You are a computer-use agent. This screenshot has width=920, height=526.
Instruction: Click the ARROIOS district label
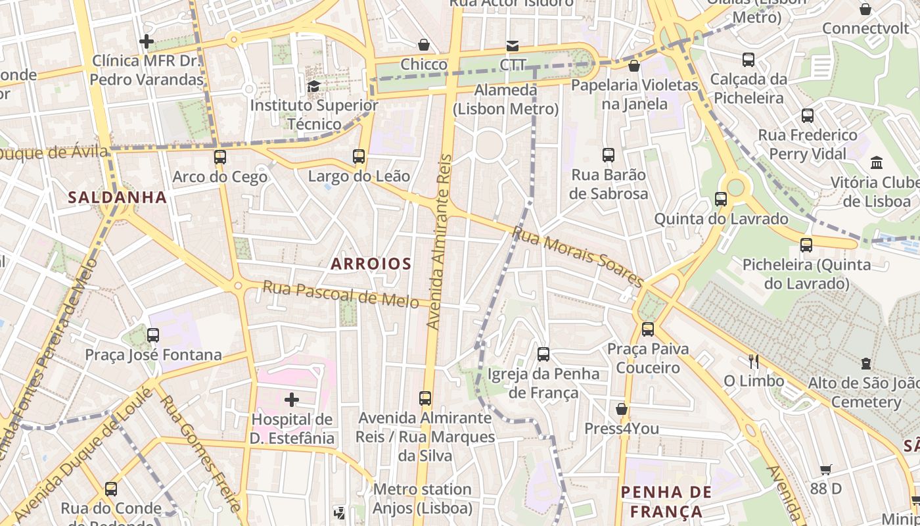tap(371, 264)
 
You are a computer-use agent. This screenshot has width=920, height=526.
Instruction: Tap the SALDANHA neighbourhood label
tap(117, 197)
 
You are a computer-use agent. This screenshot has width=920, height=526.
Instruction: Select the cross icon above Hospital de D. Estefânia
tap(292, 400)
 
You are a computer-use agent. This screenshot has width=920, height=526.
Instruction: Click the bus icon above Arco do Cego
tap(220, 157)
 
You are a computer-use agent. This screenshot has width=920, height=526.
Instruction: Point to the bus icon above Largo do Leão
tap(359, 156)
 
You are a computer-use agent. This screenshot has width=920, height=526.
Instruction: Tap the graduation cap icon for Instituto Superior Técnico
tap(314, 86)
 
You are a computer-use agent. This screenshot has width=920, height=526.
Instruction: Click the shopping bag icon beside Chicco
tap(424, 45)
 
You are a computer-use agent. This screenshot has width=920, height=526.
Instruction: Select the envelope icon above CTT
tap(512, 46)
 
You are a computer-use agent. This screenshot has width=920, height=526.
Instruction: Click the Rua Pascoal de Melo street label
tap(340, 294)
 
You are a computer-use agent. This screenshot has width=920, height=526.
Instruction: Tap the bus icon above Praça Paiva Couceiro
tap(648, 329)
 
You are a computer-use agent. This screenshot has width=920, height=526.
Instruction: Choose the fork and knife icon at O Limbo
tap(754, 361)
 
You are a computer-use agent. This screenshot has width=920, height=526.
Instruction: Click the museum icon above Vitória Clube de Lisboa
tap(877, 162)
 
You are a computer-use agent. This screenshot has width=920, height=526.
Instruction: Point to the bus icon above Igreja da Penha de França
tap(543, 354)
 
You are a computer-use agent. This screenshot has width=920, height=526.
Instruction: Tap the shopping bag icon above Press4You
tap(622, 410)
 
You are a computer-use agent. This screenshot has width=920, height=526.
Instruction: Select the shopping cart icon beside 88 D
tap(826, 469)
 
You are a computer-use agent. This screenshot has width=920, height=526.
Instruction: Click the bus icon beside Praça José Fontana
tap(153, 335)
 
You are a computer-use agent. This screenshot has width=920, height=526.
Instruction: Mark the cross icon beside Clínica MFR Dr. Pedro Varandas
tap(147, 41)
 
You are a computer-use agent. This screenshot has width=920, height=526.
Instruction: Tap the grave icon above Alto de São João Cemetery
tap(866, 364)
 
